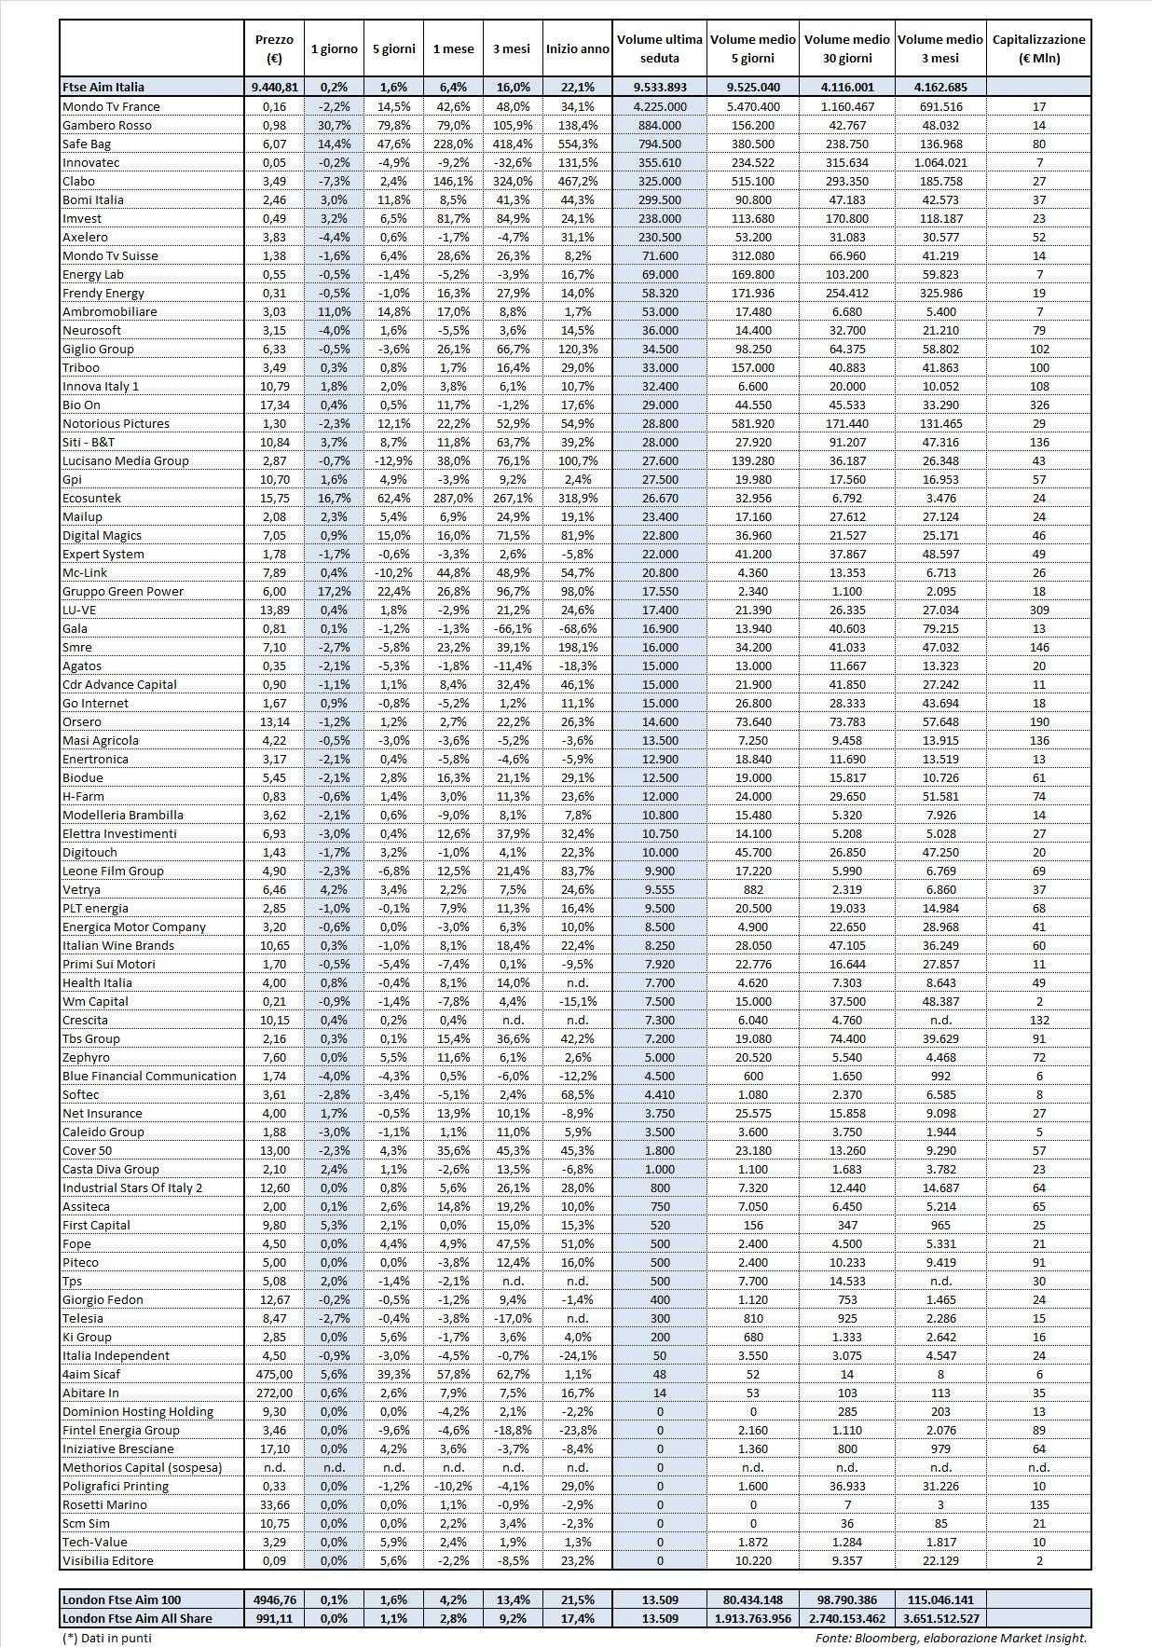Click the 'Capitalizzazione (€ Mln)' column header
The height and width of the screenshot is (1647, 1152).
point(1038,48)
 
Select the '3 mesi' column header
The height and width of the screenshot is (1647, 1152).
point(511,48)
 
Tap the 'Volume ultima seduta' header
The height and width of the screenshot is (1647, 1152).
point(659,48)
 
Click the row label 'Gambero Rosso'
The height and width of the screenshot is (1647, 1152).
point(106,125)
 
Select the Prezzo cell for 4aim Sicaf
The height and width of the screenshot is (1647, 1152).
point(274,1374)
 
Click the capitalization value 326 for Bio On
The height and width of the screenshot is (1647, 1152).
point(1039,405)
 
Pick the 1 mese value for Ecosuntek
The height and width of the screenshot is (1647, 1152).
point(453,498)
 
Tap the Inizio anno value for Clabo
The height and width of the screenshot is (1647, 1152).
point(578,181)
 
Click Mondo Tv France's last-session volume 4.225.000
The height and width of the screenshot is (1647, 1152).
point(660,106)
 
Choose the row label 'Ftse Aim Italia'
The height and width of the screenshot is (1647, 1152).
point(103,87)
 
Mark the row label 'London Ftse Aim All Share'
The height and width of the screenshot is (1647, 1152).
point(137,1618)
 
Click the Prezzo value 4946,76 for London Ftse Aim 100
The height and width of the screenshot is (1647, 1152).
point(274,1599)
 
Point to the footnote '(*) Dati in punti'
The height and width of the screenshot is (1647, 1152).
point(106,1638)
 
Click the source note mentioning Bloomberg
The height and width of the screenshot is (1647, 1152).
point(951,1638)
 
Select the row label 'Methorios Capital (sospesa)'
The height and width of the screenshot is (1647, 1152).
point(142,1467)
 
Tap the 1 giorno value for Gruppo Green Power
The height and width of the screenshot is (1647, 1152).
point(333,591)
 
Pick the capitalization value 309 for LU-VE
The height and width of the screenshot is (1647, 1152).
point(1039,610)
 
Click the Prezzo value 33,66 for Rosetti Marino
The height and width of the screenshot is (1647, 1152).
point(274,1504)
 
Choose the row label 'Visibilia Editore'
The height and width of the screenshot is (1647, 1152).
point(107,1560)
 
